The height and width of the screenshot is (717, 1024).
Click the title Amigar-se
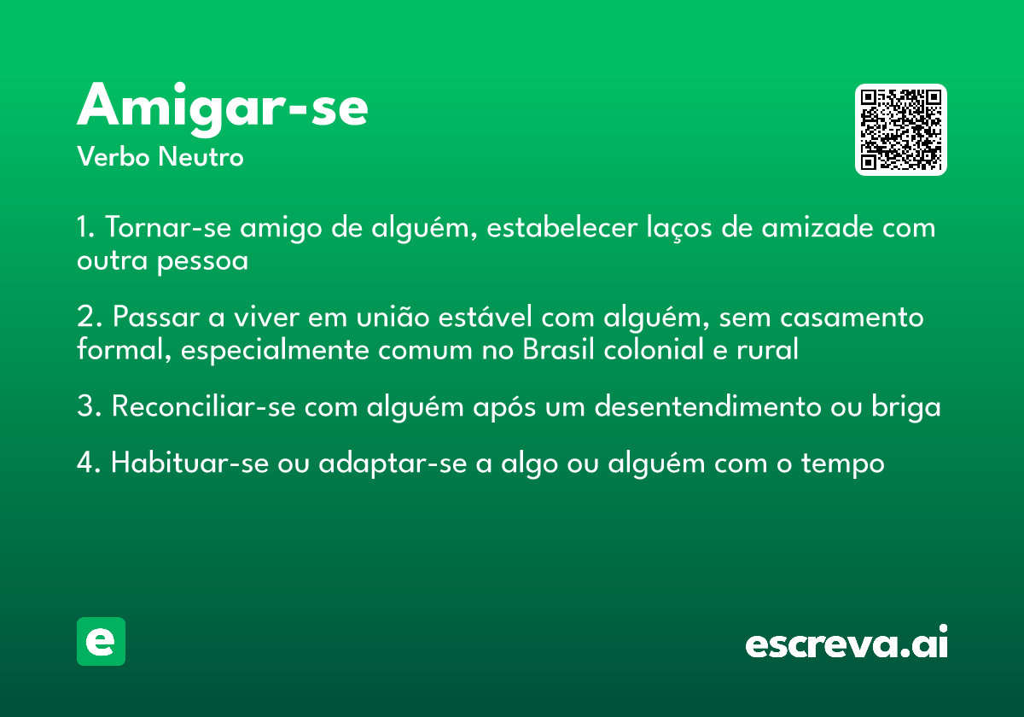(223, 108)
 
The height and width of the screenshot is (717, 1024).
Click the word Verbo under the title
(113, 158)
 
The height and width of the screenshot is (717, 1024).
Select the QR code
(901, 130)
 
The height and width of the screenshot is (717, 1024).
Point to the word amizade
(817, 228)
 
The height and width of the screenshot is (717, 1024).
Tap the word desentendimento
(708, 407)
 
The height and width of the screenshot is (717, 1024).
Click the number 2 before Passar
(84, 318)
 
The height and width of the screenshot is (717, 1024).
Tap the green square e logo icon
(101, 641)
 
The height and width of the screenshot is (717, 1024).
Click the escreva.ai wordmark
(847, 644)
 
